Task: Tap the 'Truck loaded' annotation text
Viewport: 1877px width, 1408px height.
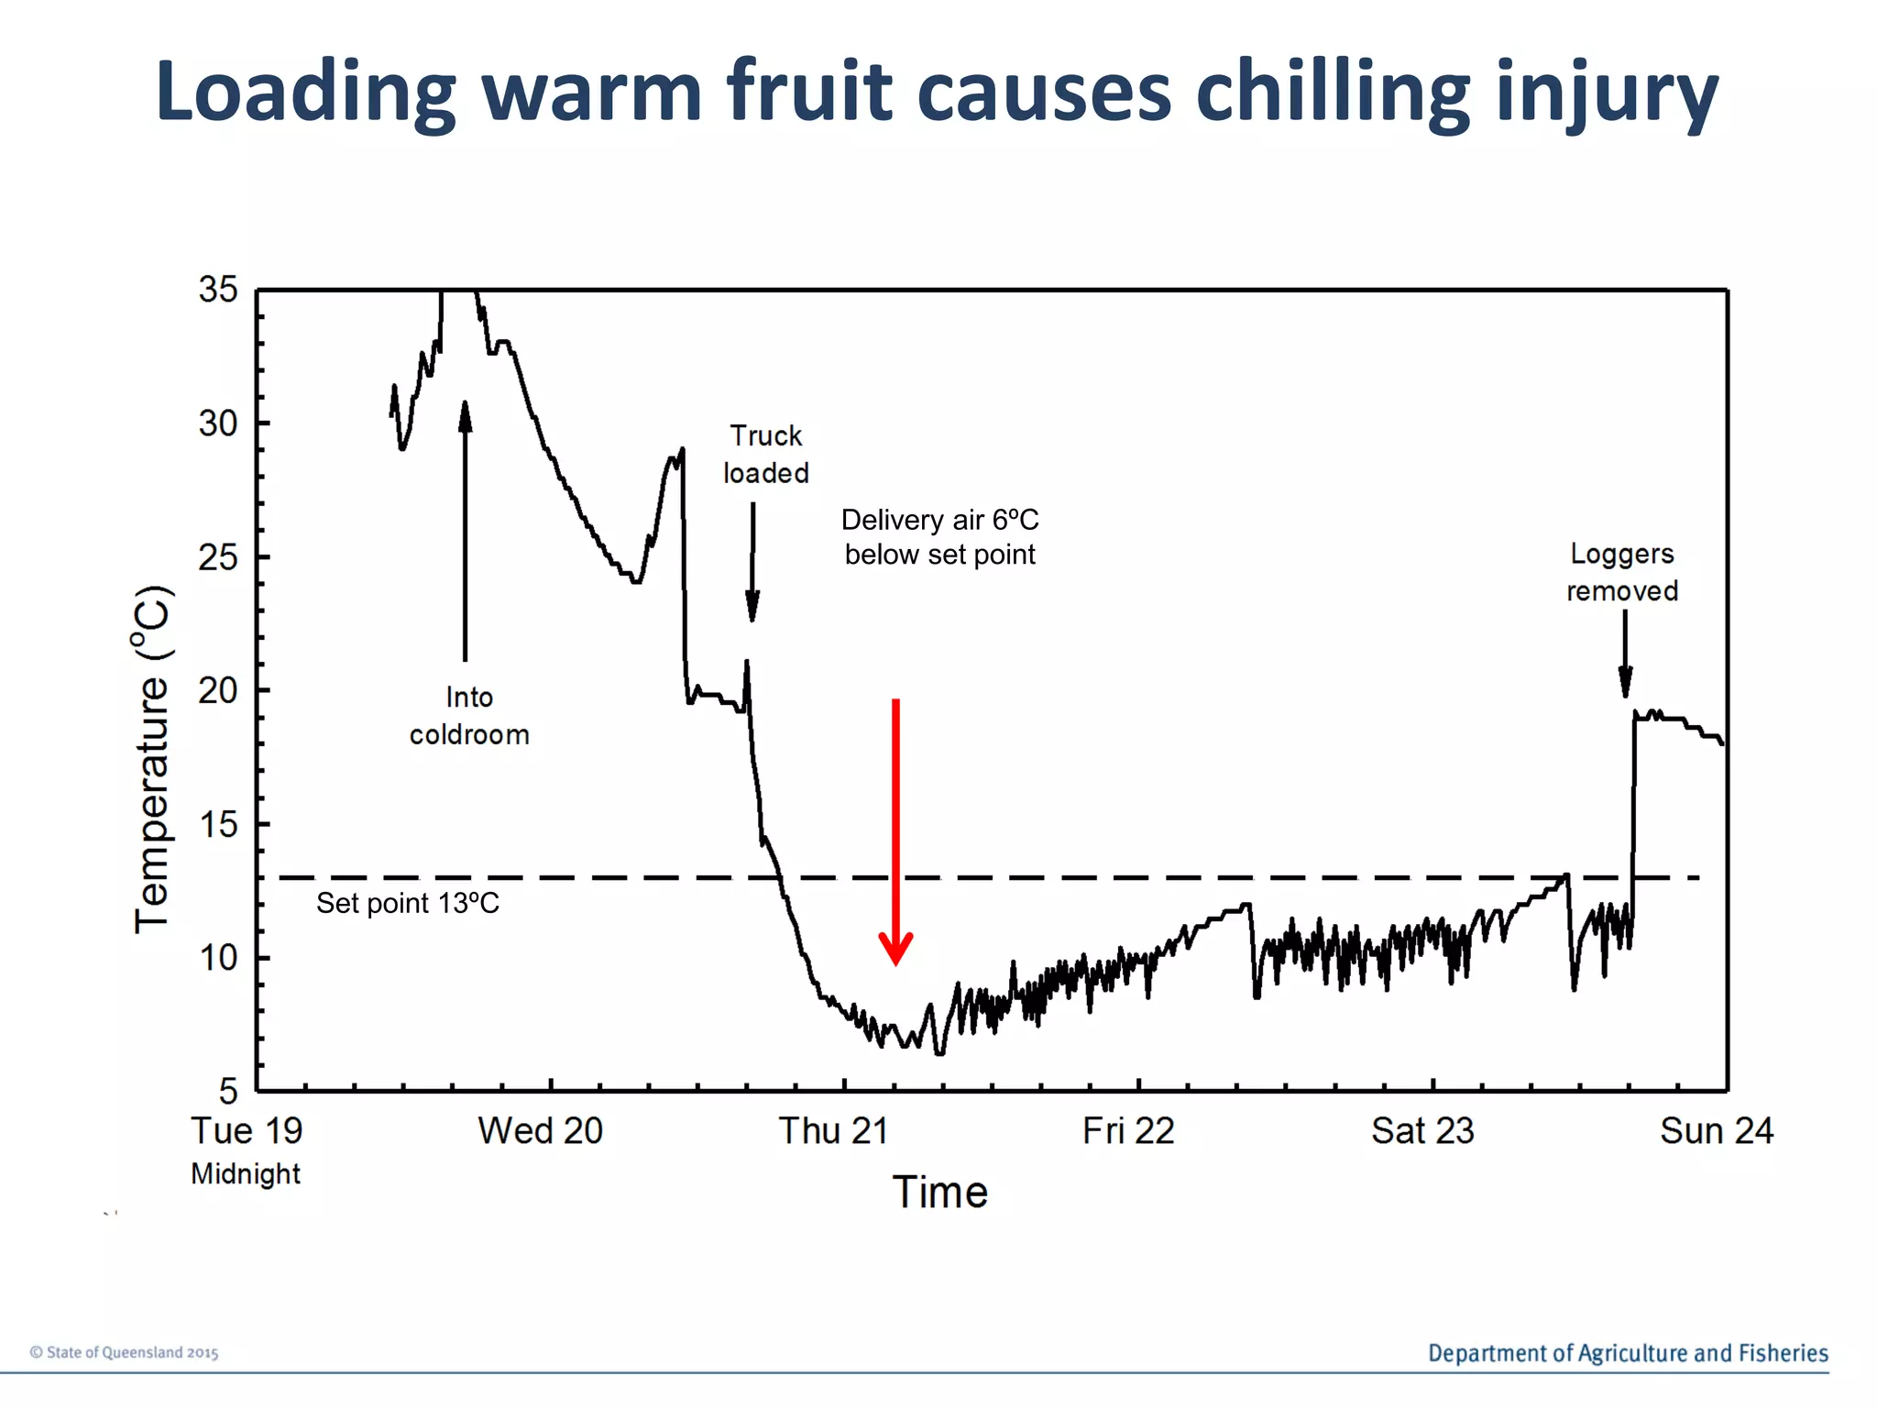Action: (x=765, y=455)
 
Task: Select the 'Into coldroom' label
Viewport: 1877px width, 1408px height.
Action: (x=469, y=716)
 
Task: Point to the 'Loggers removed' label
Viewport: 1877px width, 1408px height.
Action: (x=1621, y=572)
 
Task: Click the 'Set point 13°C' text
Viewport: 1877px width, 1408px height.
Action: (x=408, y=904)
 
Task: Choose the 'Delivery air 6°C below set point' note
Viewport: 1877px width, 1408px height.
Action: (x=939, y=537)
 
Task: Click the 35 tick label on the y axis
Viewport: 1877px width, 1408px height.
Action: (x=218, y=291)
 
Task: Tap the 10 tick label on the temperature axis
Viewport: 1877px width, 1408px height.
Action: (x=218, y=959)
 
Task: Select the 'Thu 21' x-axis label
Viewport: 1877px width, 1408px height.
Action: (x=833, y=1131)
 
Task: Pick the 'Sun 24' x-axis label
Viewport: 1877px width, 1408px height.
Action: (x=1716, y=1131)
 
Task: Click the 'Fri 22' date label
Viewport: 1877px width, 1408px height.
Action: (x=1128, y=1131)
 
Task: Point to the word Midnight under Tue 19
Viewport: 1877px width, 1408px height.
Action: (x=246, y=1174)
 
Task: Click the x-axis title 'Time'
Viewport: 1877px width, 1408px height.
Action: (x=939, y=1193)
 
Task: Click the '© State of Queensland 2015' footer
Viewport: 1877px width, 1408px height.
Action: (x=124, y=1353)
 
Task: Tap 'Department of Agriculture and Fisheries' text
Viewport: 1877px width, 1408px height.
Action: (x=1628, y=1353)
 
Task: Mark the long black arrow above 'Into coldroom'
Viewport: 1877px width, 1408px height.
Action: (x=465, y=532)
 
